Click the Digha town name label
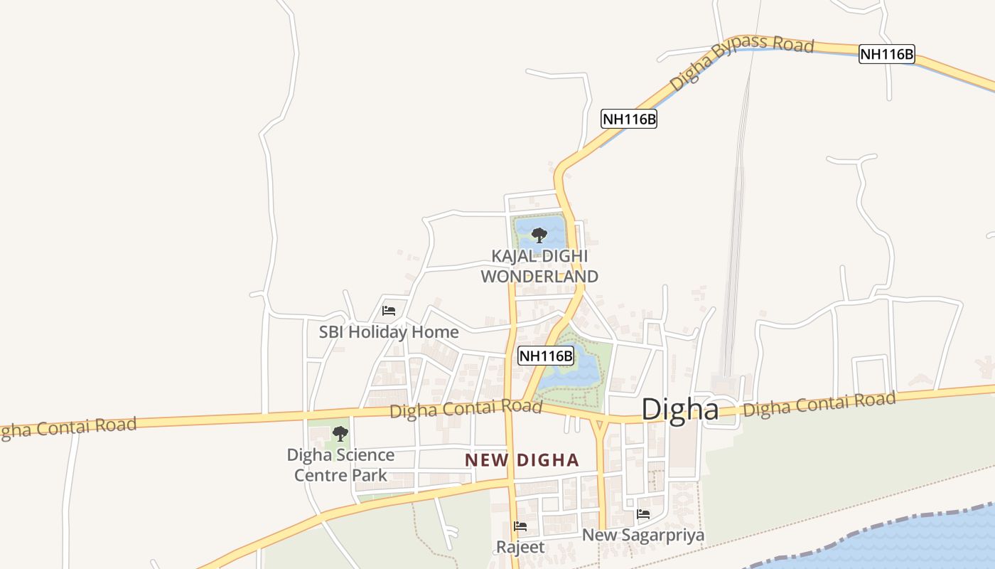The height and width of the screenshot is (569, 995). [x=679, y=410]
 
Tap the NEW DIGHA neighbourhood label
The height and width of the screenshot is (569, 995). [x=522, y=460]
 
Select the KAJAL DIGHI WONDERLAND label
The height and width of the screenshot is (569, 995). [x=539, y=266]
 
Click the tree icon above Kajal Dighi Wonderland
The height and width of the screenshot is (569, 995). [x=539, y=235]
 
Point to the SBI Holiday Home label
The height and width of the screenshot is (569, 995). [x=388, y=332]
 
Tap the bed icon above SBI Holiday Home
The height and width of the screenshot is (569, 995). [x=389, y=311]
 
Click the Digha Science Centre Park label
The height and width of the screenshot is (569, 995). [x=340, y=464]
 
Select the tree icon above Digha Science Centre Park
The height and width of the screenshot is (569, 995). [x=340, y=433]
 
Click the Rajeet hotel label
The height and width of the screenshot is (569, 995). [x=520, y=547]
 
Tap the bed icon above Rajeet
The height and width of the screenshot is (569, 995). [x=520, y=527]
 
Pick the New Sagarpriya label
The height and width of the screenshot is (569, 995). [x=643, y=535]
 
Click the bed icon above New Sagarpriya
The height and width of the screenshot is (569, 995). [x=643, y=514]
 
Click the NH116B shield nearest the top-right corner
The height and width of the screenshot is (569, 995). [x=886, y=54]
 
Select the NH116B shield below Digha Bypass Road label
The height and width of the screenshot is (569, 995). [x=628, y=119]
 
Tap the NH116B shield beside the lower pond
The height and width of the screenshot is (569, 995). [x=545, y=356]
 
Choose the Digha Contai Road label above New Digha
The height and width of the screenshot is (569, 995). [x=466, y=409]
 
